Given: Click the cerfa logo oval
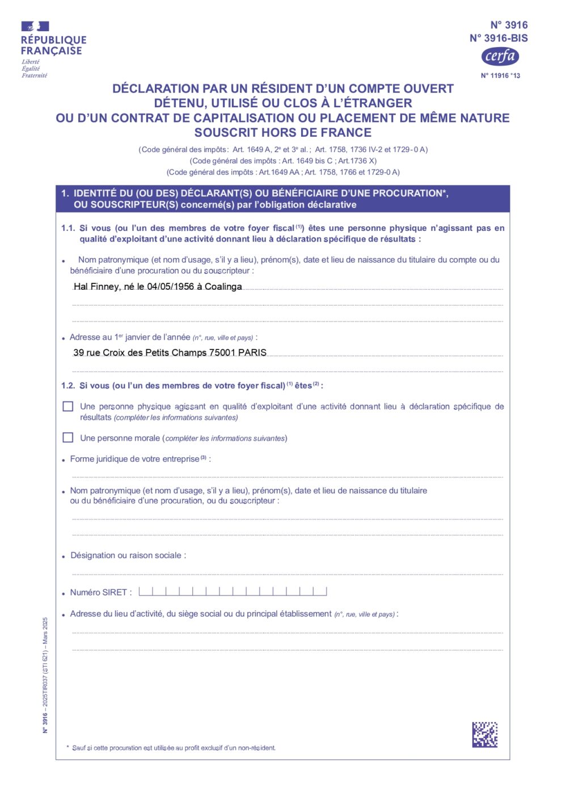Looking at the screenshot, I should (500, 56).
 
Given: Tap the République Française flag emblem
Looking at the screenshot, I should (35, 26).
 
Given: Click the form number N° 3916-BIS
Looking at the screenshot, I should (498, 39).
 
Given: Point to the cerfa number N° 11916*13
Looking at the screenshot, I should (500, 75).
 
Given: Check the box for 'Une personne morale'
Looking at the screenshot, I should (68, 438).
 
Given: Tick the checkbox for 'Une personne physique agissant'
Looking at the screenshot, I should (68, 407).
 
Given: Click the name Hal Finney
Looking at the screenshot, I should (96, 287).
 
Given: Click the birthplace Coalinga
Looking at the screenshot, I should (223, 287).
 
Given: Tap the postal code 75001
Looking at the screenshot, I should (222, 353).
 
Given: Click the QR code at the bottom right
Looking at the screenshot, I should (485, 734).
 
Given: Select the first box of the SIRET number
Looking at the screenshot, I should (146, 592).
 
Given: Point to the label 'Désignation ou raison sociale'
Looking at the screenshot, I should (128, 556).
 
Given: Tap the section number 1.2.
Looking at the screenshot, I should (68, 386).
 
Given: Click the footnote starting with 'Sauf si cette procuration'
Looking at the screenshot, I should (174, 748).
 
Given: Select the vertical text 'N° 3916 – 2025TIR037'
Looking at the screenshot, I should (45, 675).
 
